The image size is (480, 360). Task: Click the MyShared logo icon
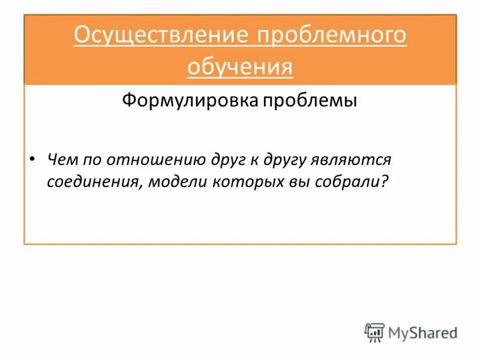click(374, 332)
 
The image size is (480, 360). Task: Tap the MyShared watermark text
click(422, 332)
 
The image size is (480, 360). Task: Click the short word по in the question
click(96, 160)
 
